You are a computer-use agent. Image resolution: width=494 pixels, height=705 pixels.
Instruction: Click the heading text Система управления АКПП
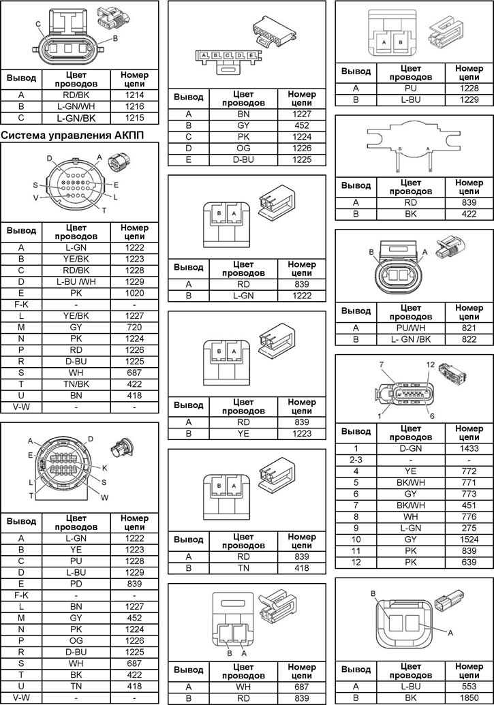(x=73, y=134)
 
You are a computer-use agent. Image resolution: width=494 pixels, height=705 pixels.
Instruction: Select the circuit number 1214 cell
(x=134, y=95)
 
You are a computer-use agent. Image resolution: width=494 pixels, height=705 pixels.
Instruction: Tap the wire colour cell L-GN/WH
(x=76, y=106)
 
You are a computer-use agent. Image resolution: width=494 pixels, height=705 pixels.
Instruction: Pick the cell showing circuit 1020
(x=134, y=293)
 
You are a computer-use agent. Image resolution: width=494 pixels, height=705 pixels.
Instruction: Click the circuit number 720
(x=134, y=328)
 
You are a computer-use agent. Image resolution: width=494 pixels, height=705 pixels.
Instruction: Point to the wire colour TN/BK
(x=76, y=384)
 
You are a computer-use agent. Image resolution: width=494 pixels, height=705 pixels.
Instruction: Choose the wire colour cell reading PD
(x=76, y=584)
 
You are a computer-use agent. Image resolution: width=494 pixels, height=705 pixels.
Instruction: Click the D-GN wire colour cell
(x=410, y=448)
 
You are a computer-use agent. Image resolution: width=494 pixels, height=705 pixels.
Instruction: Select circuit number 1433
(x=469, y=448)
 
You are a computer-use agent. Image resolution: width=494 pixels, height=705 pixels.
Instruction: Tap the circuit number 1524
(x=469, y=539)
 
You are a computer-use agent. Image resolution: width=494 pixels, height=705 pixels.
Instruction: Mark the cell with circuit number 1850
(x=469, y=698)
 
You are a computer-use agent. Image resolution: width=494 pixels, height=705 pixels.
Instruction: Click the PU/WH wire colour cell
(x=410, y=328)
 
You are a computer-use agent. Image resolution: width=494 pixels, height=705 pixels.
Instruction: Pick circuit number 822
(x=469, y=339)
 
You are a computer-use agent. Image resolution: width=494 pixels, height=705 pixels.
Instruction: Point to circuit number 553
(x=469, y=687)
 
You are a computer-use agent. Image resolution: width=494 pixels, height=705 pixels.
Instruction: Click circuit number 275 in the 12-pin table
(x=469, y=528)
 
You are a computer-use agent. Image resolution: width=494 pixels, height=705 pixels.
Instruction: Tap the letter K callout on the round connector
(x=105, y=468)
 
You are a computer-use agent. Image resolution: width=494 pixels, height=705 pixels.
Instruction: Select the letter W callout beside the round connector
(x=104, y=497)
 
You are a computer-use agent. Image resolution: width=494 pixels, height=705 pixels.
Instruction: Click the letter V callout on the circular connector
(x=35, y=198)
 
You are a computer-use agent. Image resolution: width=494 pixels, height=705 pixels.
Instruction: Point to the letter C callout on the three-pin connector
(x=38, y=25)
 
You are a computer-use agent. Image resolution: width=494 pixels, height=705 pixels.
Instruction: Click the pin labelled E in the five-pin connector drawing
(x=251, y=55)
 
